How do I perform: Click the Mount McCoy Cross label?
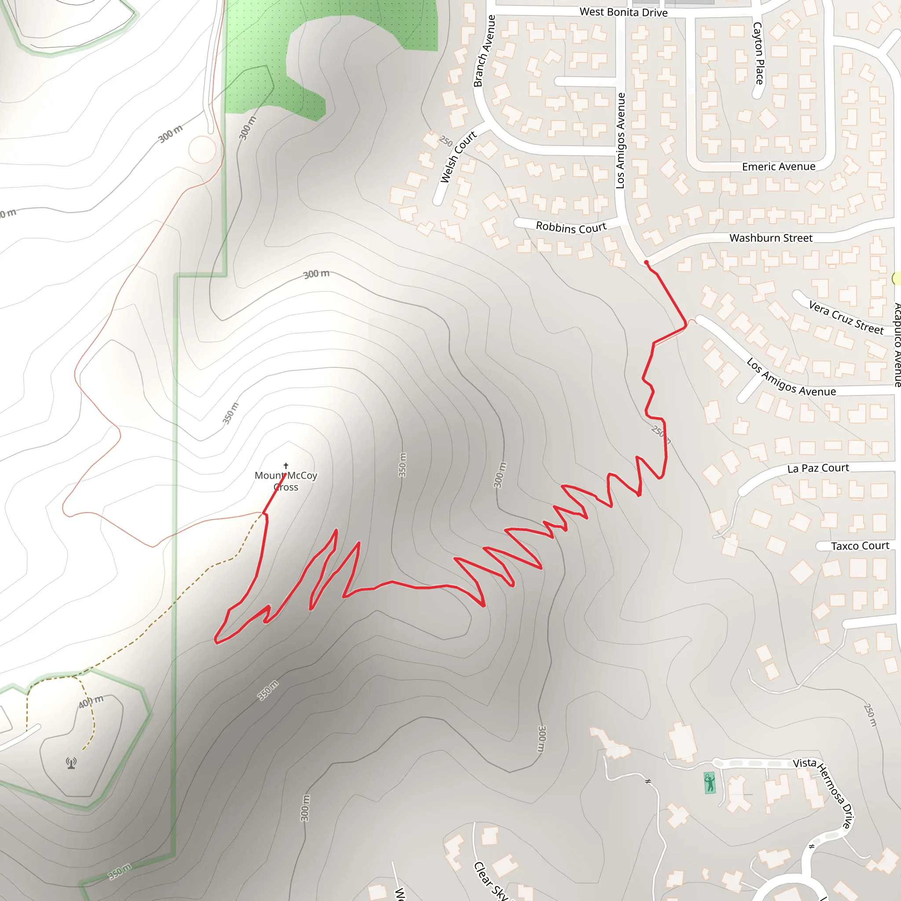coord(286,481)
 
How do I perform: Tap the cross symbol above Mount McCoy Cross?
coord(286,466)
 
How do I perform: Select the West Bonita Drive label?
coord(623,12)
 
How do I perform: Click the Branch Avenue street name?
coord(484,51)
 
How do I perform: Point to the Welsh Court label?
coord(458,157)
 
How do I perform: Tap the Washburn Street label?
coord(771,238)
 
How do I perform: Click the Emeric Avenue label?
coord(778,167)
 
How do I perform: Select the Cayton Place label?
coord(758,53)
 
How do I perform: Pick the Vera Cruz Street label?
coord(846,318)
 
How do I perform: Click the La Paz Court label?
coord(818,468)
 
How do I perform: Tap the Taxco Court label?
coord(860,546)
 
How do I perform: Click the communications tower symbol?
coord(71,763)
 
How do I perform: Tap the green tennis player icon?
coord(710,783)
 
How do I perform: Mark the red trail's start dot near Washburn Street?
coord(646,263)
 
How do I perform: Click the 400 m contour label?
coord(91,701)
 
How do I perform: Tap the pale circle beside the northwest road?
coord(202,149)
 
